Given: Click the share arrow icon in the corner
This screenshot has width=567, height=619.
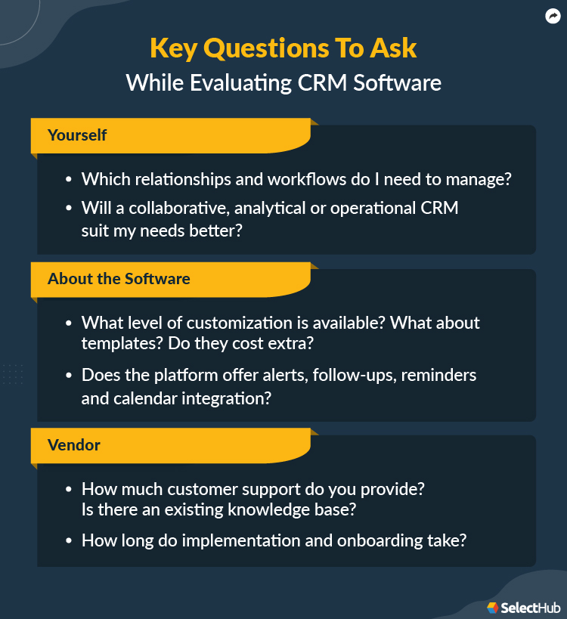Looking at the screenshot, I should (552, 16).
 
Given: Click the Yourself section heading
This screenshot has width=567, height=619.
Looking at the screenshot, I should (77, 135).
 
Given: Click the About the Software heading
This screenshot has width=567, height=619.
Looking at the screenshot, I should (119, 279).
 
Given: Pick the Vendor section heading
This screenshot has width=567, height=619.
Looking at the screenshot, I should (74, 445).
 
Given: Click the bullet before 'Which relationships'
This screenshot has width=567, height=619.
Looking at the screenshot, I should (68, 180).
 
